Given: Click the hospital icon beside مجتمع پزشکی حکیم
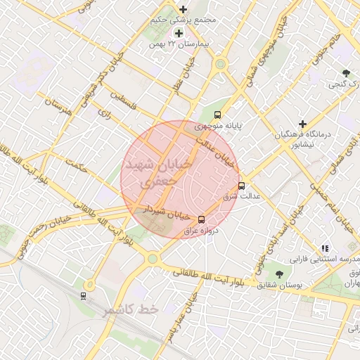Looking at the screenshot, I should click(184, 10).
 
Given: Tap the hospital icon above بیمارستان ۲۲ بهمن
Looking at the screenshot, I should click(178, 33).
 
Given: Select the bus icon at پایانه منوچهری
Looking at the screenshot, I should click(217, 114).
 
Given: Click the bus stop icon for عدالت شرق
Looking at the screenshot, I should click(242, 186).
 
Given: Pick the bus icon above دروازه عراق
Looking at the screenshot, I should click(202, 219).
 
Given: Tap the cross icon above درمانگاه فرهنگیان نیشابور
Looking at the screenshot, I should click(302, 124).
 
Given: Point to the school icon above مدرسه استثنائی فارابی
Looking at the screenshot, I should click(324, 248).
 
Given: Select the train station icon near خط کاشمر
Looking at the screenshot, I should click(86, 295).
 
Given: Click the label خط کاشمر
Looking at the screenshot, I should click(131, 310).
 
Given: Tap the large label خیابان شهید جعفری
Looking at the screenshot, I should click(156, 172).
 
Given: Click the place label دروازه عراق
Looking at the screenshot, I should click(202, 230).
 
